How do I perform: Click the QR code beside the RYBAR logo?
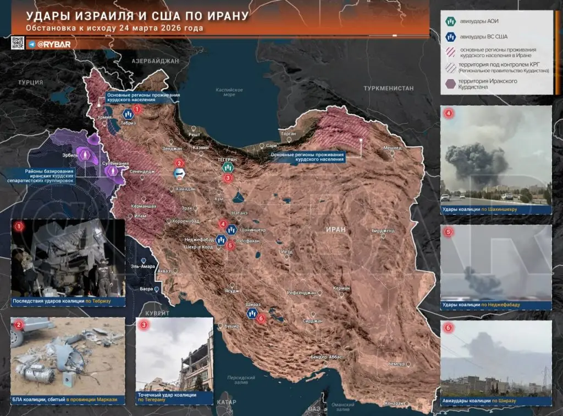tap(18, 43)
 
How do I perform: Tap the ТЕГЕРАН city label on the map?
tap(227, 159)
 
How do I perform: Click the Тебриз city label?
tap(129, 124)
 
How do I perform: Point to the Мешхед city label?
tap(392, 148)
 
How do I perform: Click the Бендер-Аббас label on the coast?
tap(327, 357)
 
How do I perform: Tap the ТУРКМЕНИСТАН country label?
tap(388, 88)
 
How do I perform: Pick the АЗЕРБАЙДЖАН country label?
tap(156, 62)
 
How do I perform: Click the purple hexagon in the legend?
tap(450, 84)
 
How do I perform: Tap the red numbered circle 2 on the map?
tap(179, 163)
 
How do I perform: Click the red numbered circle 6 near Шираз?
tap(261, 318)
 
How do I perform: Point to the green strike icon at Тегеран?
tap(228, 168)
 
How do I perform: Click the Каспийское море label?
tap(229, 91)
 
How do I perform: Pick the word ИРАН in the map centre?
tap(335, 229)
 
